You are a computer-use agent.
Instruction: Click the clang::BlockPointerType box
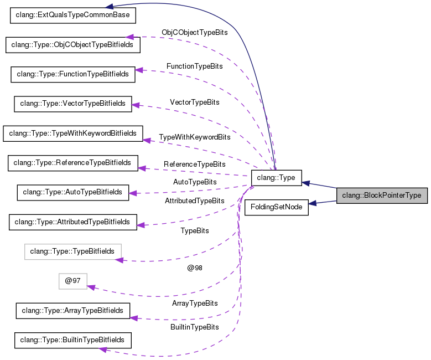point(382,195)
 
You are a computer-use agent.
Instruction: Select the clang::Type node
point(276,178)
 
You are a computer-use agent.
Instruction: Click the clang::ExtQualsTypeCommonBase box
point(73,15)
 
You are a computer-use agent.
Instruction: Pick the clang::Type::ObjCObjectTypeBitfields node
point(73,44)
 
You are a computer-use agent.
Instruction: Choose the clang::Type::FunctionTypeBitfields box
point(73,74)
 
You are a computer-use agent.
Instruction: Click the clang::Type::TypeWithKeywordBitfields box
point(73,133)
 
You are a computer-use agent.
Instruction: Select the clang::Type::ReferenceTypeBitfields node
point(73,163)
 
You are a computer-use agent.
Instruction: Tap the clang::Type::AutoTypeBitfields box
point(73,192)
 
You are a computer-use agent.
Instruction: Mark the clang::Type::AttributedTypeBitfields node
point(73,222)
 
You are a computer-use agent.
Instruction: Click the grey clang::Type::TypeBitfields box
point(73,251)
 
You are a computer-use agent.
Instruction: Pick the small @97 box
point(73,281)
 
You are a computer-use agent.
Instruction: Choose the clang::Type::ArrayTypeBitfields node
point(73,311)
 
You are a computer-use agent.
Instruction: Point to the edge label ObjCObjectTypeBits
point(194,33)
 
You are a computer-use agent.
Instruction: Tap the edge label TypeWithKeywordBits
point(194,137)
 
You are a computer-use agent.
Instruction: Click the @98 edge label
point(195,268)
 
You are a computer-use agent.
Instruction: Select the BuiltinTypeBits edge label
point(194,327)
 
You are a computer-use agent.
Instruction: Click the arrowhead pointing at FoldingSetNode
point(313,204)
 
